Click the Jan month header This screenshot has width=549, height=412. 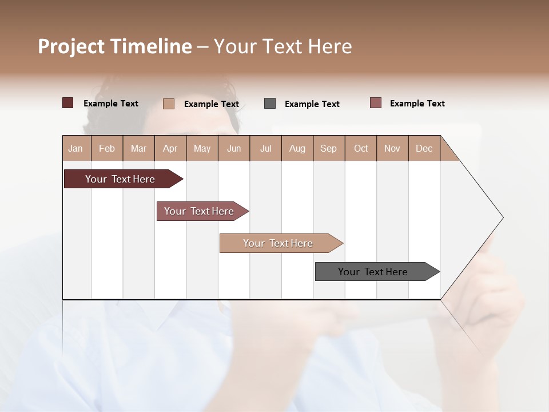[76, 148]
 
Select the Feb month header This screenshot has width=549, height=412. [107, 148]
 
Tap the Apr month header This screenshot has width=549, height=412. [170, 148]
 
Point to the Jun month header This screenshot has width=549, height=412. [234, 148]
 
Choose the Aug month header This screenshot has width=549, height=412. [297, 148]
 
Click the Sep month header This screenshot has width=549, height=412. [329, 148]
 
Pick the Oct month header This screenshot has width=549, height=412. [361, 148]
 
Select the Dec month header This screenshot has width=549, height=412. [424, 148]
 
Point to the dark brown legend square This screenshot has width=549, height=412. [68, 103]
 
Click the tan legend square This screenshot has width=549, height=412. [169, 104]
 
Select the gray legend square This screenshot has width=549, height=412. [270, 104]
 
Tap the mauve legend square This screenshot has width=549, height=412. [376, 103]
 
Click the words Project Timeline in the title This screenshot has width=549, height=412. [114, 46]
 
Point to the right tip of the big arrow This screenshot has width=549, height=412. [502, 217]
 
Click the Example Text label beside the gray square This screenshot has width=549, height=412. [312, 104]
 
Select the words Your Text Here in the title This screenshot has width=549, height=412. [283, 46]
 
